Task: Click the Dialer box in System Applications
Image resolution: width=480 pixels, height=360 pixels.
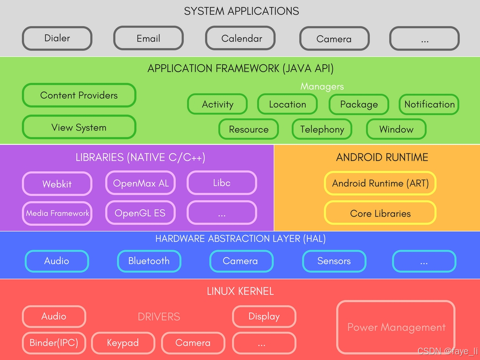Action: [x=57, y=38]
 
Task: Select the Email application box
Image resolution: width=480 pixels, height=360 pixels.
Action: [x=148, y=38]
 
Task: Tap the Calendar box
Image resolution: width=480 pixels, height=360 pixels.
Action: [x=241, y=38]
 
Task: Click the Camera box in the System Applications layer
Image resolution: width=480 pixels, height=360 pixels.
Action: [x=334, y=39]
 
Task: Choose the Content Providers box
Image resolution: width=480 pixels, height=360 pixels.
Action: [x=79, y=95]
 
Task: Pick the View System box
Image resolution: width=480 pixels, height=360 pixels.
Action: [x=79, y=127]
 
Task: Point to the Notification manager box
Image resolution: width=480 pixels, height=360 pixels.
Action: [x=429, y=104]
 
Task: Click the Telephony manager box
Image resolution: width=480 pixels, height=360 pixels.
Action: [x=322, y=129]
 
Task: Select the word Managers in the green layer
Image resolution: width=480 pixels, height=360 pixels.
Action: [x=322, y=87]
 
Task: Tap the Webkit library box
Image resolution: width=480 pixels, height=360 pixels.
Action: [x=57, y=184]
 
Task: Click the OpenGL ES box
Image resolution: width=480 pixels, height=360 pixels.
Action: [x=140, y=213]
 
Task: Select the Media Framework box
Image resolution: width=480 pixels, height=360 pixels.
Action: [x=57, y=213]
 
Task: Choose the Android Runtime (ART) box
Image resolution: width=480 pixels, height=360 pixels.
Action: [x=380, y=183]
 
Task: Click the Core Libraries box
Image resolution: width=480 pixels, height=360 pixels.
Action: [x=380, y=213]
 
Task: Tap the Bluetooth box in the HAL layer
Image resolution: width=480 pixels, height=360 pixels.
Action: [x=149, y=261]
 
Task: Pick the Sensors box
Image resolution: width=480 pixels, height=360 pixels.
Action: [x=334, y=261]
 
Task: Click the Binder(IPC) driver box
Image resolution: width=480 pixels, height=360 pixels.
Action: [x=53, y=342]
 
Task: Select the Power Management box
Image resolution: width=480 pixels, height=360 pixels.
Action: [x=396, y=327]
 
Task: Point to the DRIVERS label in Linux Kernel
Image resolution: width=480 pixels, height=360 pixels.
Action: [x=159, y=316]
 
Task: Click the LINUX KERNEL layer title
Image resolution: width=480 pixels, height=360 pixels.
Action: [x=240, y=291]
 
